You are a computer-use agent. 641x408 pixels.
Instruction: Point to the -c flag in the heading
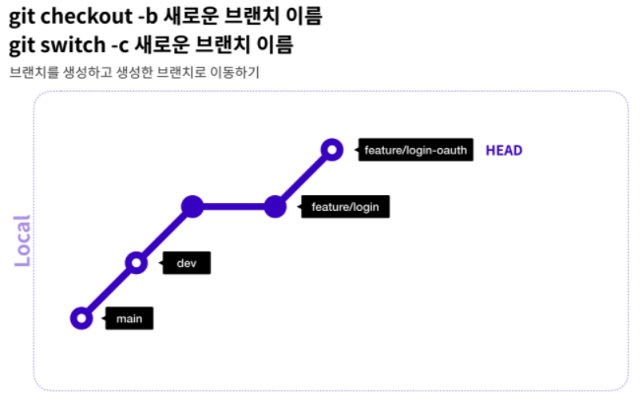tap(120, 45)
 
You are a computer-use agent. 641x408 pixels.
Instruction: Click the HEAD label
tap(503, 151)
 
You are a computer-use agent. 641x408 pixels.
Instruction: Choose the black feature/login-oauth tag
tap(415, 151)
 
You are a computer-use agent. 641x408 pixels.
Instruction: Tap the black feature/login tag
tap(344, 207)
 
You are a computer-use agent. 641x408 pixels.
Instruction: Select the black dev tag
tap(186, 263)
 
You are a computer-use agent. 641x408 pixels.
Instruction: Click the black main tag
tap(129, 318)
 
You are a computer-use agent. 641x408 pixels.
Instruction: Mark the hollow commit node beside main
tap(83, 318)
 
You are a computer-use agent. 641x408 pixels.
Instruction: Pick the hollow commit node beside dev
tap(137, 263)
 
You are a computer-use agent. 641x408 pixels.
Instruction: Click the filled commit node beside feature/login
tap(276, 207)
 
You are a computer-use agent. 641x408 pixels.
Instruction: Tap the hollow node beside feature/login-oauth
tap(333, 150)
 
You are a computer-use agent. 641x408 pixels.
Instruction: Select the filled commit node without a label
tap(194, 207)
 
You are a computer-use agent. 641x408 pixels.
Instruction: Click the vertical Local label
tap(23, 241)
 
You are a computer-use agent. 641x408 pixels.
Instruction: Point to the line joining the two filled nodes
tap(234, 207)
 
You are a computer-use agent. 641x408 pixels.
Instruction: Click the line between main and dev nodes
tap(110, 291)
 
